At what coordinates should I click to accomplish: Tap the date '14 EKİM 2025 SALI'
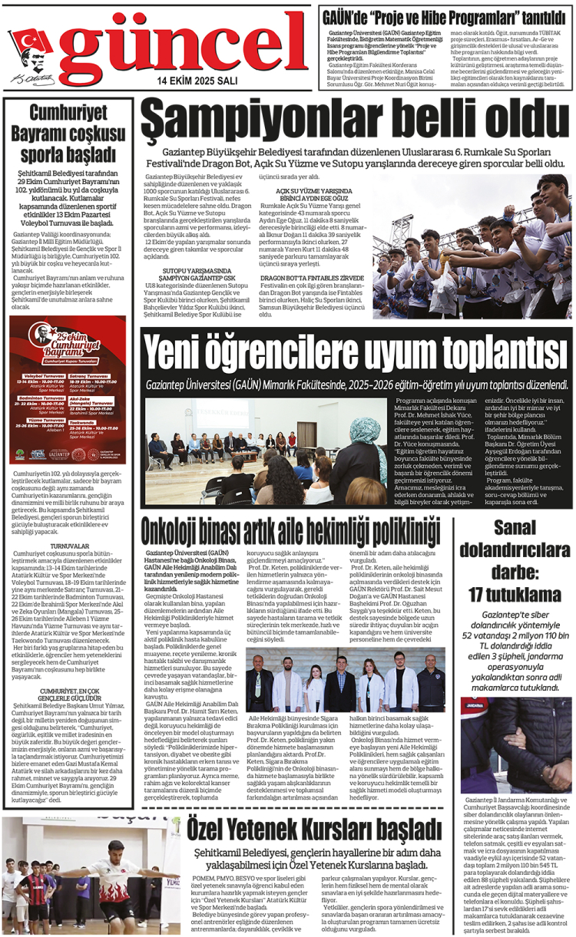tap(197, 80)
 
